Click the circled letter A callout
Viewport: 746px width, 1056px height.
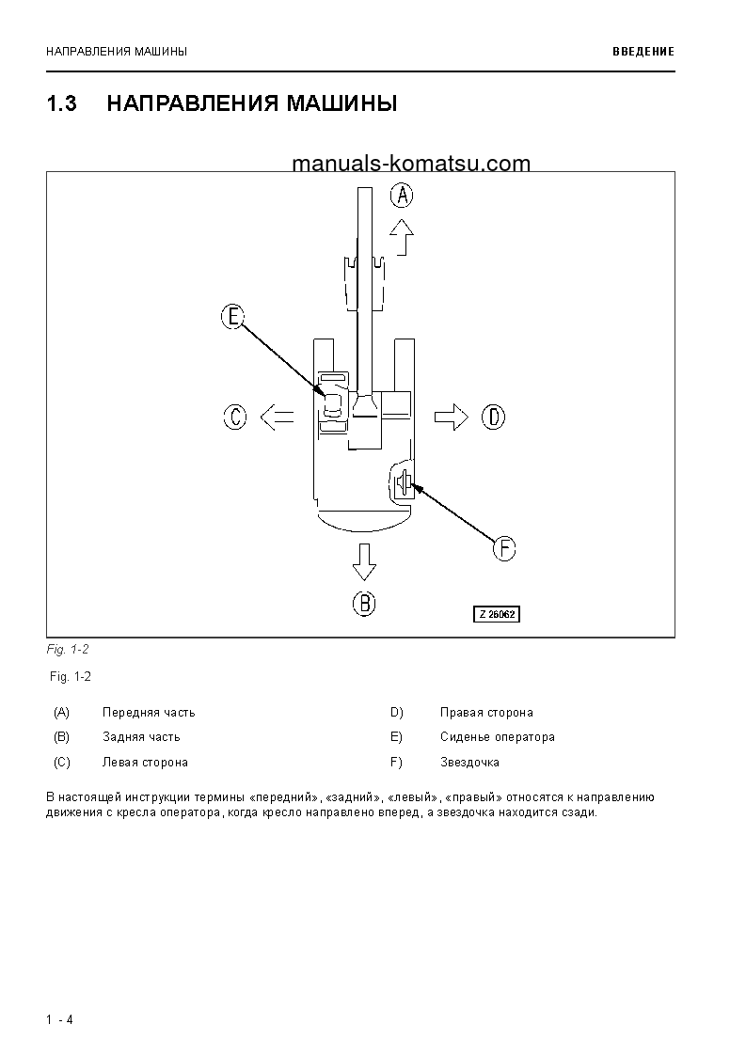coord(402,196)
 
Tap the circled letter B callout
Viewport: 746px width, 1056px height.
coord(364,603)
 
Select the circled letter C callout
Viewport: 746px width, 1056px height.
coord(235,416)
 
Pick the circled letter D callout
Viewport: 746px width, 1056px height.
coord(493,416)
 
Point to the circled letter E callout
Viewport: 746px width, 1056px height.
coord(232,317)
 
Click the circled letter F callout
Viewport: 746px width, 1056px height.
coord(505,548)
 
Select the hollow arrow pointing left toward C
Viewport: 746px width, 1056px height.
coord(276,416)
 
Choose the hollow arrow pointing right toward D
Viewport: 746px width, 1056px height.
coord(452,416)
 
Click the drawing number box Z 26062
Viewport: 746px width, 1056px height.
coord(496,614)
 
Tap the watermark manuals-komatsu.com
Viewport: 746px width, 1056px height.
coord(411,164)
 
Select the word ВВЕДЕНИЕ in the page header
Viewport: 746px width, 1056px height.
coord(643,52)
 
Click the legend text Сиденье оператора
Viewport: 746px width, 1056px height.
coord(497,737)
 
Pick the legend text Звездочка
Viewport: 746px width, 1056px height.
coord(469,763)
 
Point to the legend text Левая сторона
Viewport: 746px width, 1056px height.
coord(145,763)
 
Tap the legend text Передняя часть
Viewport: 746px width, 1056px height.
coord(149,713)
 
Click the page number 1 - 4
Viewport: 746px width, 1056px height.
coord(59,1020)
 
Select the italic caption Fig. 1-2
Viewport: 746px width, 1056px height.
coord(68,649)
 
